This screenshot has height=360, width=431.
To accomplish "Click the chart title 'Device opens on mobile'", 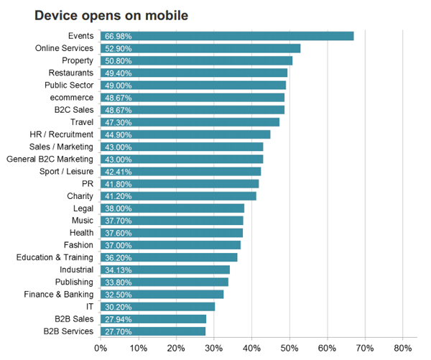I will coord(107,14).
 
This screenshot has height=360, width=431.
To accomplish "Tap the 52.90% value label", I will coord(119,48).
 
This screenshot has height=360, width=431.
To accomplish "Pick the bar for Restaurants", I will coord(194,73).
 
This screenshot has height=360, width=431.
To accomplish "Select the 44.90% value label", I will coord(119,134).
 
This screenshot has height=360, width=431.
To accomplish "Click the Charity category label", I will coord(80,195).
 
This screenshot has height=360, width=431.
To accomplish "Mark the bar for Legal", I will coord(172,208).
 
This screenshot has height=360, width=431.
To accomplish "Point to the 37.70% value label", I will coord(119,221).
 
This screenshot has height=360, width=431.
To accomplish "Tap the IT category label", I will coord(89,306).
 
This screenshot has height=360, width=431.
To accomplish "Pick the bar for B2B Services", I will coord(153,331).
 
